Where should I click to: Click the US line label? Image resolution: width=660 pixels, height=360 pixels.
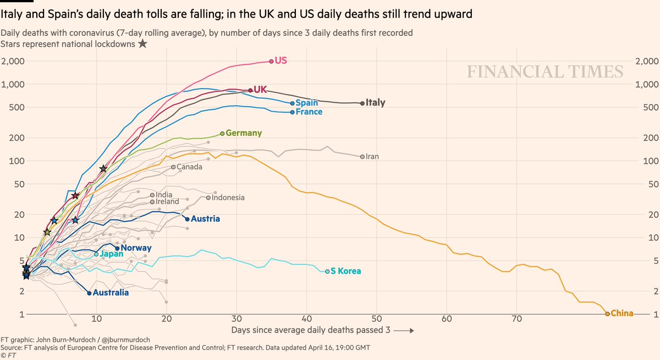click(x=280, y=60)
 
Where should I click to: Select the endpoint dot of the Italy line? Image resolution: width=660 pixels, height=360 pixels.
click(x=362, y=103)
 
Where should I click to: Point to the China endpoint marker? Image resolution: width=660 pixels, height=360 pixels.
click(x=607, y=314)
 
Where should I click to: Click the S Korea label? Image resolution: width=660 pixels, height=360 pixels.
click(x=346, y=271)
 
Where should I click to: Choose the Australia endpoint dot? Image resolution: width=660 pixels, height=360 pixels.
click(x=89, y=293)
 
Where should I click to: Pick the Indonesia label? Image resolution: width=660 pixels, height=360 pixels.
click(x=228, y=197)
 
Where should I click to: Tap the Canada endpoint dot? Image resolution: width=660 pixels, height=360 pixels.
click(x=173, y=167)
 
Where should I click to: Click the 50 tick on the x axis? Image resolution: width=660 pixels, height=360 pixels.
click(x=377, y=318)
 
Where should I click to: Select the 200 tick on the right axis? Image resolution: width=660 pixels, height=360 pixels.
click(x=647, y=137)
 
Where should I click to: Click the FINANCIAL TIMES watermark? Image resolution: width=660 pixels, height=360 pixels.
click(x=545, y=72)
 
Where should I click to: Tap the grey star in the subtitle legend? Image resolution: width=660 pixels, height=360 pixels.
click(x=142, y=44)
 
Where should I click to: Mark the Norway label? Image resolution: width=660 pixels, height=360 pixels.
click(x=136, y=248)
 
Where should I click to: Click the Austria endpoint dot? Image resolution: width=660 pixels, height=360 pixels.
click(x=188, y=219)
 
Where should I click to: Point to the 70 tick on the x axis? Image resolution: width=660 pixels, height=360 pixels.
click(x=517, y=318)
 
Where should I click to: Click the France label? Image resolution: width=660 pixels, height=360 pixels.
click(x=309, y=112)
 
